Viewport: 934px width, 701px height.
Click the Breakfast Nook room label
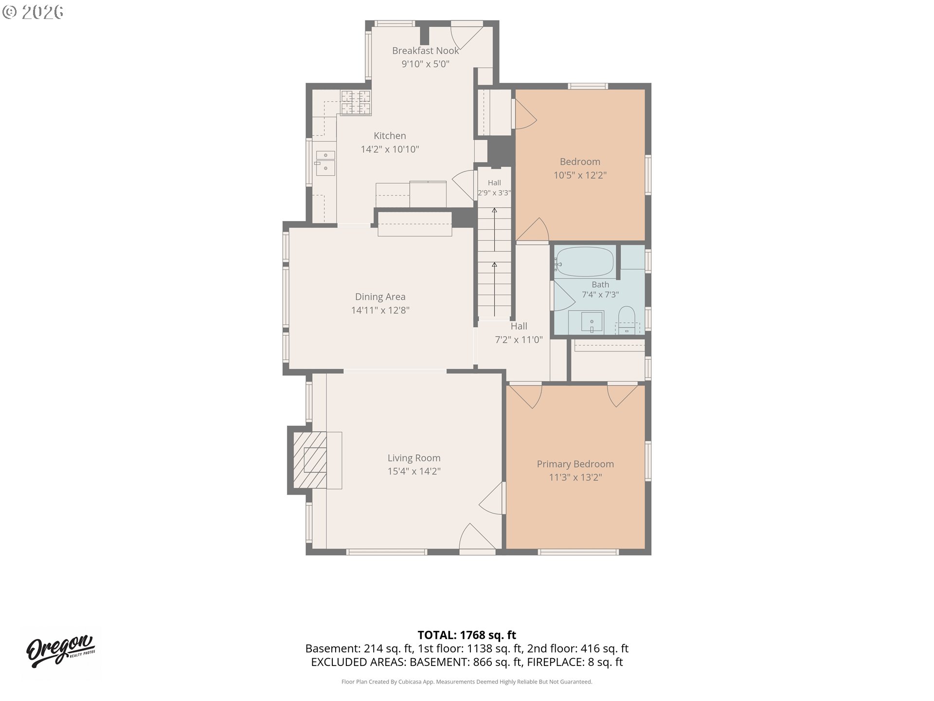(425, 51)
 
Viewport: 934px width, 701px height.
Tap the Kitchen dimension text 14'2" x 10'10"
(390, 149)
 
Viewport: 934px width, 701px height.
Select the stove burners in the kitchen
(356, 103)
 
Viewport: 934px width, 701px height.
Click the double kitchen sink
(325, 163)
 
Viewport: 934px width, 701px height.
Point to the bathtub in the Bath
(584, 263)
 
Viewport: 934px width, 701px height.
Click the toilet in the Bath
(626, 320)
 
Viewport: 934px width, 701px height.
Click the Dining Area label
(380, 297)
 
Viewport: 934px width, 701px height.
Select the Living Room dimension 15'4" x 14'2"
(414, 471)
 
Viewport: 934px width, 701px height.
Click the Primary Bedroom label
(575, 464)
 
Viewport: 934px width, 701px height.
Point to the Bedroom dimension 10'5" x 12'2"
(580, 175)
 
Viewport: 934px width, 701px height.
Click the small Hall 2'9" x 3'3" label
(494, 188)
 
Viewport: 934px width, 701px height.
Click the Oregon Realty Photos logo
(61, 651)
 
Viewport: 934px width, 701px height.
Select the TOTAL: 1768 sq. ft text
(467, 635)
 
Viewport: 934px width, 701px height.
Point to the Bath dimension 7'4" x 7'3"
(600, 295)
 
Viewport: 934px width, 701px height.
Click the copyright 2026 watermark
(33, 12)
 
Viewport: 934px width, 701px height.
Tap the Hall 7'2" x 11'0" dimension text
(519, 340)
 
